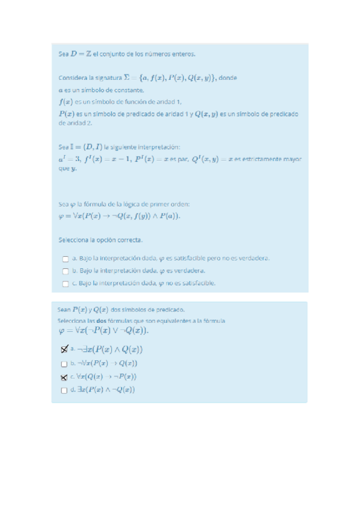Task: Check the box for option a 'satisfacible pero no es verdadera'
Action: click(65, 259)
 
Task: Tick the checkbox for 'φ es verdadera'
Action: click(65, 271)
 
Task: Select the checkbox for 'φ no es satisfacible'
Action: click(65, 283)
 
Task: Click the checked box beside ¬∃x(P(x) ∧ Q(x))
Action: click(64, 349)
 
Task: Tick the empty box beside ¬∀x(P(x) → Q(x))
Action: click(64, 364)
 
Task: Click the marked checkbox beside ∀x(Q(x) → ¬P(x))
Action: click(64, 378)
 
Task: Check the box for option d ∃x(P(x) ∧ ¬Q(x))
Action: click(64, 390)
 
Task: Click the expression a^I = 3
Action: click(72, 159)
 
